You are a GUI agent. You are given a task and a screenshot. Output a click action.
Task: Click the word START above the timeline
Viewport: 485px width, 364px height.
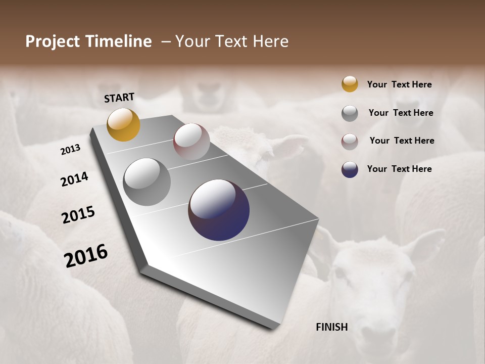[119, 97]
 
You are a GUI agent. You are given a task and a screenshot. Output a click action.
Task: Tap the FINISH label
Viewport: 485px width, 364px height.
[331, 327]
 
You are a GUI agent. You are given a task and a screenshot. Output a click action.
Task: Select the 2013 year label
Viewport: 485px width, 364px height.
[70, 149]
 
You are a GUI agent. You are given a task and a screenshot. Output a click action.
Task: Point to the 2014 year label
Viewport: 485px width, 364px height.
[74, 179]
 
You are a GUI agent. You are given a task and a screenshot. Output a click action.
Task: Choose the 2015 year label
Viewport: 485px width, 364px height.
[78, 215]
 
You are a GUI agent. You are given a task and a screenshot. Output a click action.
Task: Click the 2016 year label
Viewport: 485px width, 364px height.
[86, 256]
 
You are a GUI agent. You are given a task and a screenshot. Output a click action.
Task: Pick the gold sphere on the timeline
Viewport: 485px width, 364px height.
[123, 124]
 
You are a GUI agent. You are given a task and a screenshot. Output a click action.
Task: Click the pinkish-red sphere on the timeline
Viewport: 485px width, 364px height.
[191, 142]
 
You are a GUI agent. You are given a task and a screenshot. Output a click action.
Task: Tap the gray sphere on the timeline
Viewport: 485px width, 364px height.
[147, 182]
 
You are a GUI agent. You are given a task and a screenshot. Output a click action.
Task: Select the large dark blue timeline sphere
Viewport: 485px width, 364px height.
[219, 210]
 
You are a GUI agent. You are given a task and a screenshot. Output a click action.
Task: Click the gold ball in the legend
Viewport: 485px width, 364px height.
[350, 84]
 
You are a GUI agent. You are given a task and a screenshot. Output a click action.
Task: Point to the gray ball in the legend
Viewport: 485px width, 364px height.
[350, 113]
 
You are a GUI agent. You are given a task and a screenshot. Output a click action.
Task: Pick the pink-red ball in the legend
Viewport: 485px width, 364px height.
[350, 142]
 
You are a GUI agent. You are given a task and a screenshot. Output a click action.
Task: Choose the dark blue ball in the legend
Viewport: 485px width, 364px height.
[350, 169]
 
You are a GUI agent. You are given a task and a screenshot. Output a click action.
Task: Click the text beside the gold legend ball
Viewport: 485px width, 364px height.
[399, 84]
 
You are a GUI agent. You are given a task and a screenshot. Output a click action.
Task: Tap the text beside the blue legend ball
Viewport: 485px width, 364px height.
[399, 169]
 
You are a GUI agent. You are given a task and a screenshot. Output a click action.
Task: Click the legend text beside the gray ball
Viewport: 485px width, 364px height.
[401, 113]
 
